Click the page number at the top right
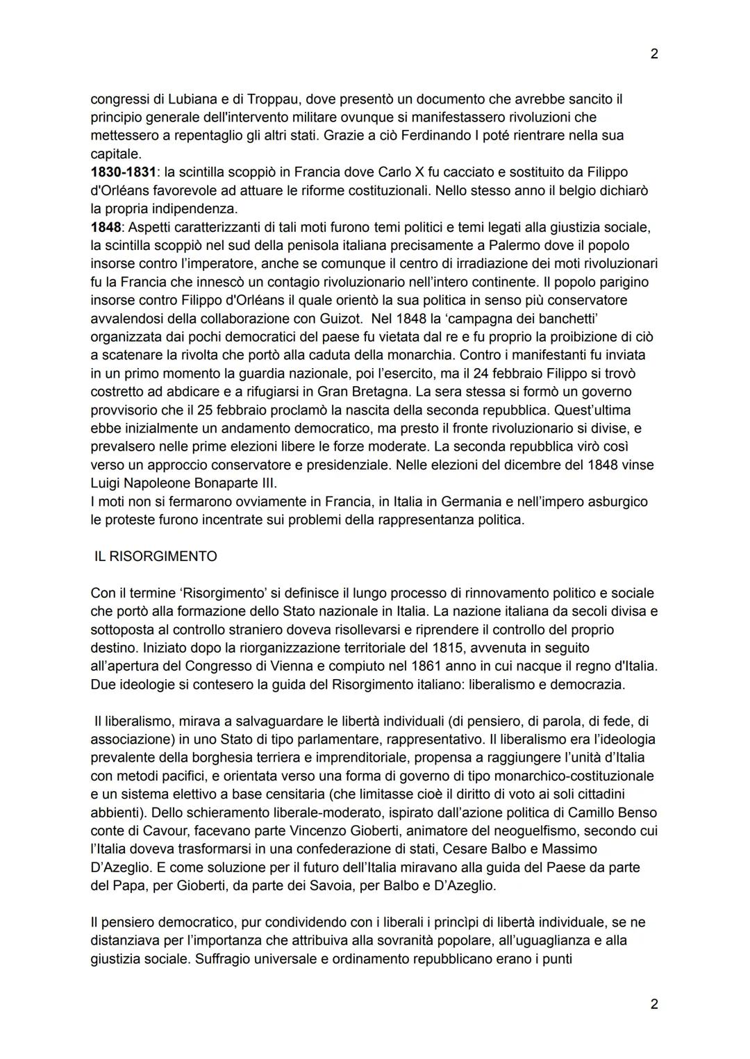pyautogui.click(x=653, y=53)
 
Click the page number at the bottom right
pyautogui.click(x=653, y=1003)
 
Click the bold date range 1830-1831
pyautogui.click(x=123, y=172)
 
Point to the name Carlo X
pyautogui.click(x=403, y=172)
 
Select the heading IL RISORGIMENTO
pyautogui.click(x=156, y=556)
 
